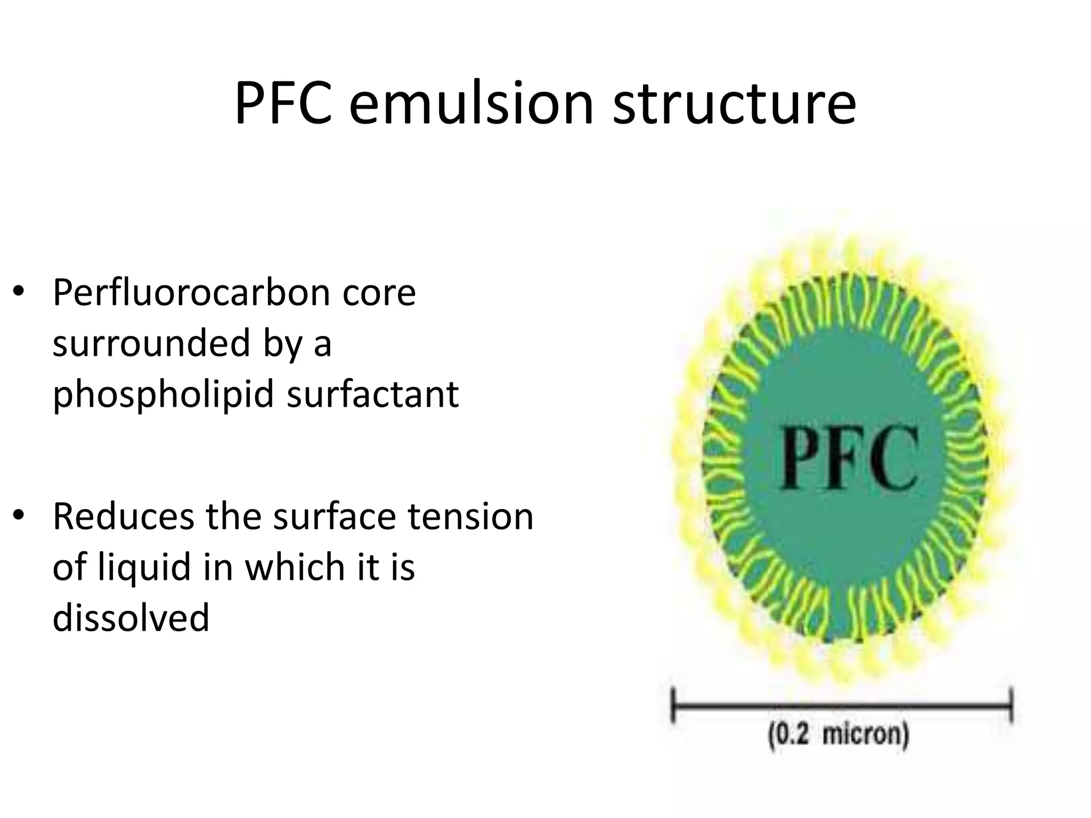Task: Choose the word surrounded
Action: pos(152,343)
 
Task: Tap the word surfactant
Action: pos(372,394)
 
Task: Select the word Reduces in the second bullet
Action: pos(123,516)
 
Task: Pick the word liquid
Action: pos(144,567)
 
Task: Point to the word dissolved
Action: pos(131,618)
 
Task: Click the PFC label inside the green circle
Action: pos(849,459)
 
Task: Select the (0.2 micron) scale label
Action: pos(838,737)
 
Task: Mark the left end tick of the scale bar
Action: pos(673,706)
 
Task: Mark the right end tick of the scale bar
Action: pos(1011,706)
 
